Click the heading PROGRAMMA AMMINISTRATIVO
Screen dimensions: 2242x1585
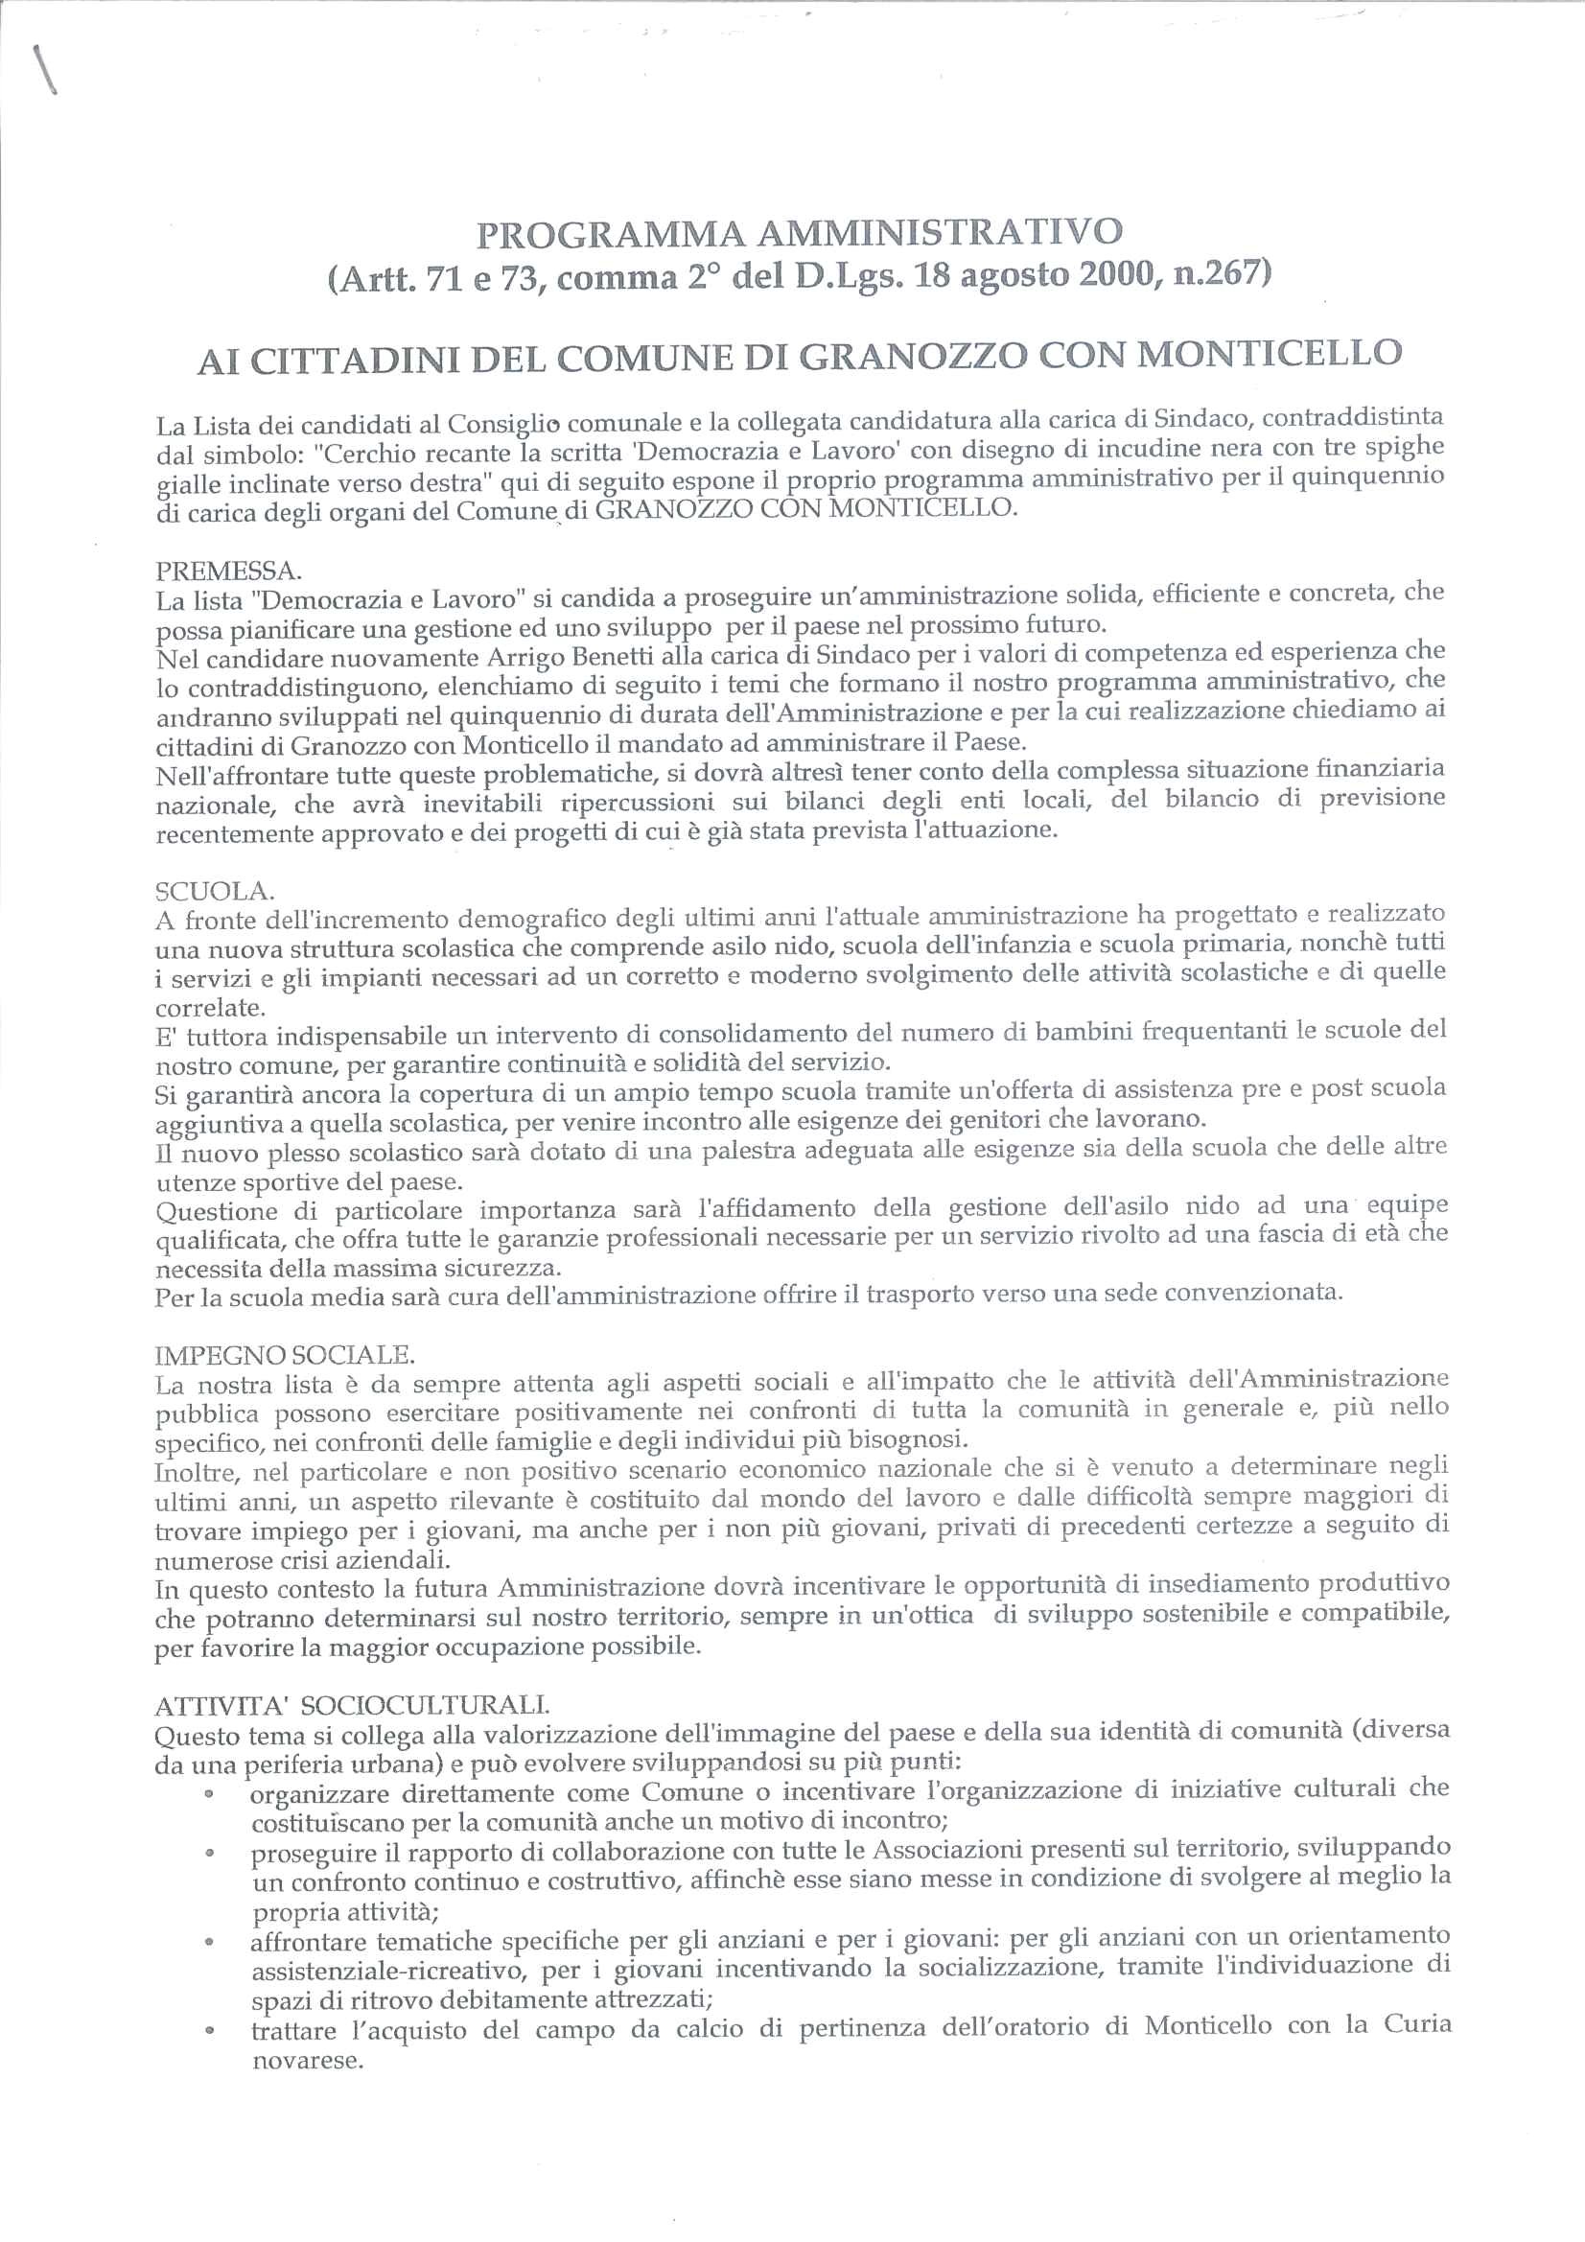[x=800, y=232]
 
